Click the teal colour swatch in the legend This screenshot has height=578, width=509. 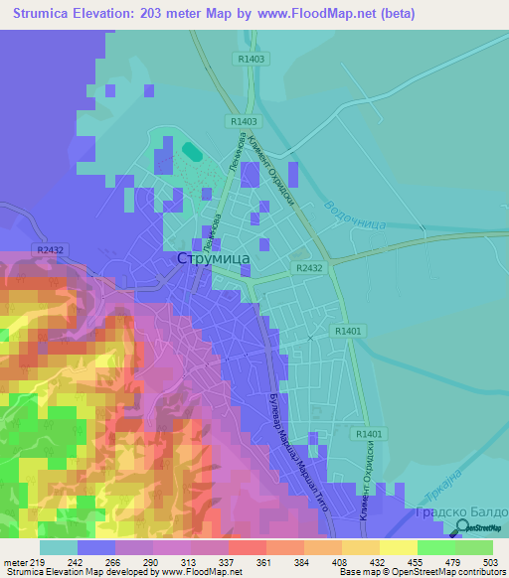click(58, 547)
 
